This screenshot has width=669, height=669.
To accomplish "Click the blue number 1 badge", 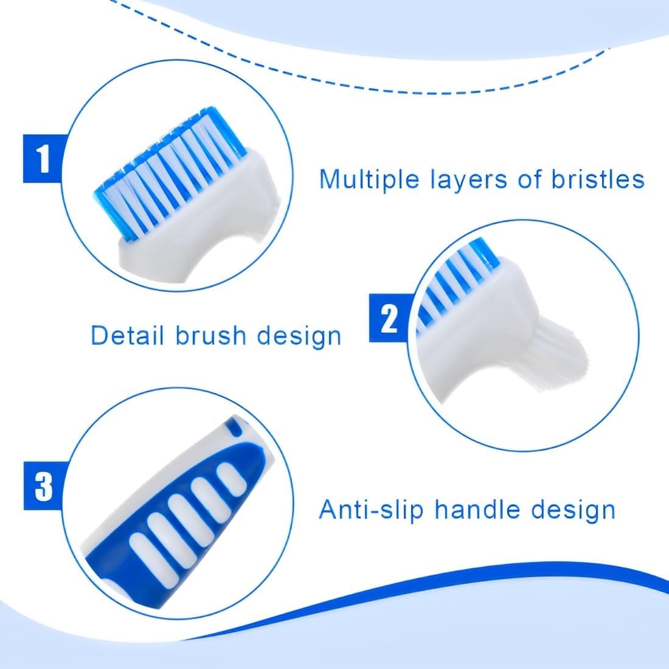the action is (43, 158).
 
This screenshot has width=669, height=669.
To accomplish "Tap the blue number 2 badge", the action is (389, 318).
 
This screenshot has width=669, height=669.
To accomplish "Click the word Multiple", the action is (370, 179).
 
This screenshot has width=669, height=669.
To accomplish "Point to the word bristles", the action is (598, 179).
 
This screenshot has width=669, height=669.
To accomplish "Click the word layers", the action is (469, 180).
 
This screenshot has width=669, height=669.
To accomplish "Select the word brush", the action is (209, 335).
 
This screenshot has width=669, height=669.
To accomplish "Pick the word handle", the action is (477, 509).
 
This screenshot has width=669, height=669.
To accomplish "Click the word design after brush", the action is (299, 337).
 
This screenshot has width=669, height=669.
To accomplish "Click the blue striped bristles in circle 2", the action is (457, 282).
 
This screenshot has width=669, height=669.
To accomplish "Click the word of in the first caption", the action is (530, 179).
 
